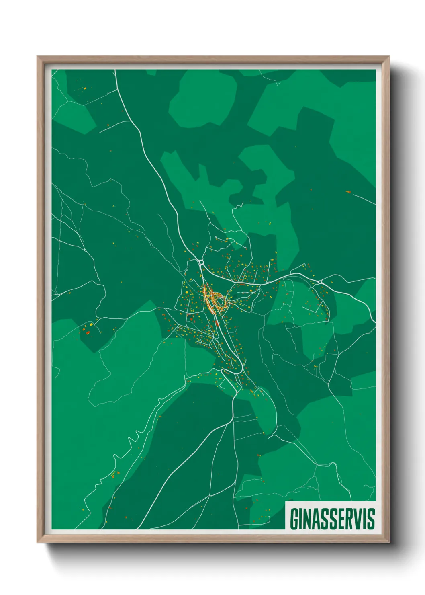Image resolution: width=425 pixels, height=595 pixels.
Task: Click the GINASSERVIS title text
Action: [x=332, y=519]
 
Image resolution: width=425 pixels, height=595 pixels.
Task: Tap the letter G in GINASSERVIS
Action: [x=294, y=519]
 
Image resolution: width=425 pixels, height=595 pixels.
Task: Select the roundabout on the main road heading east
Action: [x=319, y=282]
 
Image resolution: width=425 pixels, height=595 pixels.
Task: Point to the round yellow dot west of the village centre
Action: [x=92, y=324]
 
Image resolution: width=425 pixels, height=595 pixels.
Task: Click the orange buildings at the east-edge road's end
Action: [x=348, y=192]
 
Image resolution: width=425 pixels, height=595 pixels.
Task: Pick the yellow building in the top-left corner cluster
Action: [x=85, y=88]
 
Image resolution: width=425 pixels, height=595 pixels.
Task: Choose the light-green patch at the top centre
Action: [x=203, y=101]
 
